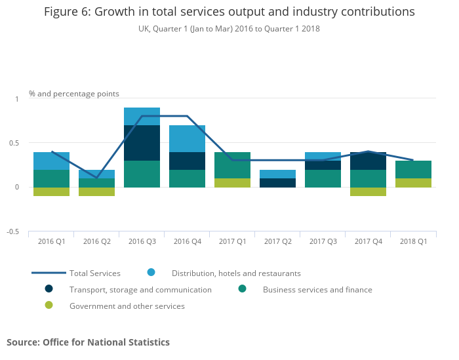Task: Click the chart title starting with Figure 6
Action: [x=229, y=12]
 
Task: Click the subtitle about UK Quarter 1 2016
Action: [x=229, y=29]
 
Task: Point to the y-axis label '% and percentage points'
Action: [x=74, y=94]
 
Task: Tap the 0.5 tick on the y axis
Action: [x=15, y=143]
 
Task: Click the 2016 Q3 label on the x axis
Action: [x=142, y=242]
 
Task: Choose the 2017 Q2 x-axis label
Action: [x=277, y=242]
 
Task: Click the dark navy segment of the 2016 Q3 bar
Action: [x=142, y=143]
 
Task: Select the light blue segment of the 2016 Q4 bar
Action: [x=187, y=138]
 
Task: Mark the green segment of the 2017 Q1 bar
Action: [x=232, y=165]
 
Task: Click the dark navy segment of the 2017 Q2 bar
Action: [x=277, y=183]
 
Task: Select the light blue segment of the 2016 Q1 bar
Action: [x=51, y=161]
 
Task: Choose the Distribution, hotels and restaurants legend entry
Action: [x=236, y=273]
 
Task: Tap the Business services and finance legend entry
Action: [x=317, y=289]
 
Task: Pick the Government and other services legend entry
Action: [x=127, y=306]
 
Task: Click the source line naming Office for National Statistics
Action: [x=88, y=342]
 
